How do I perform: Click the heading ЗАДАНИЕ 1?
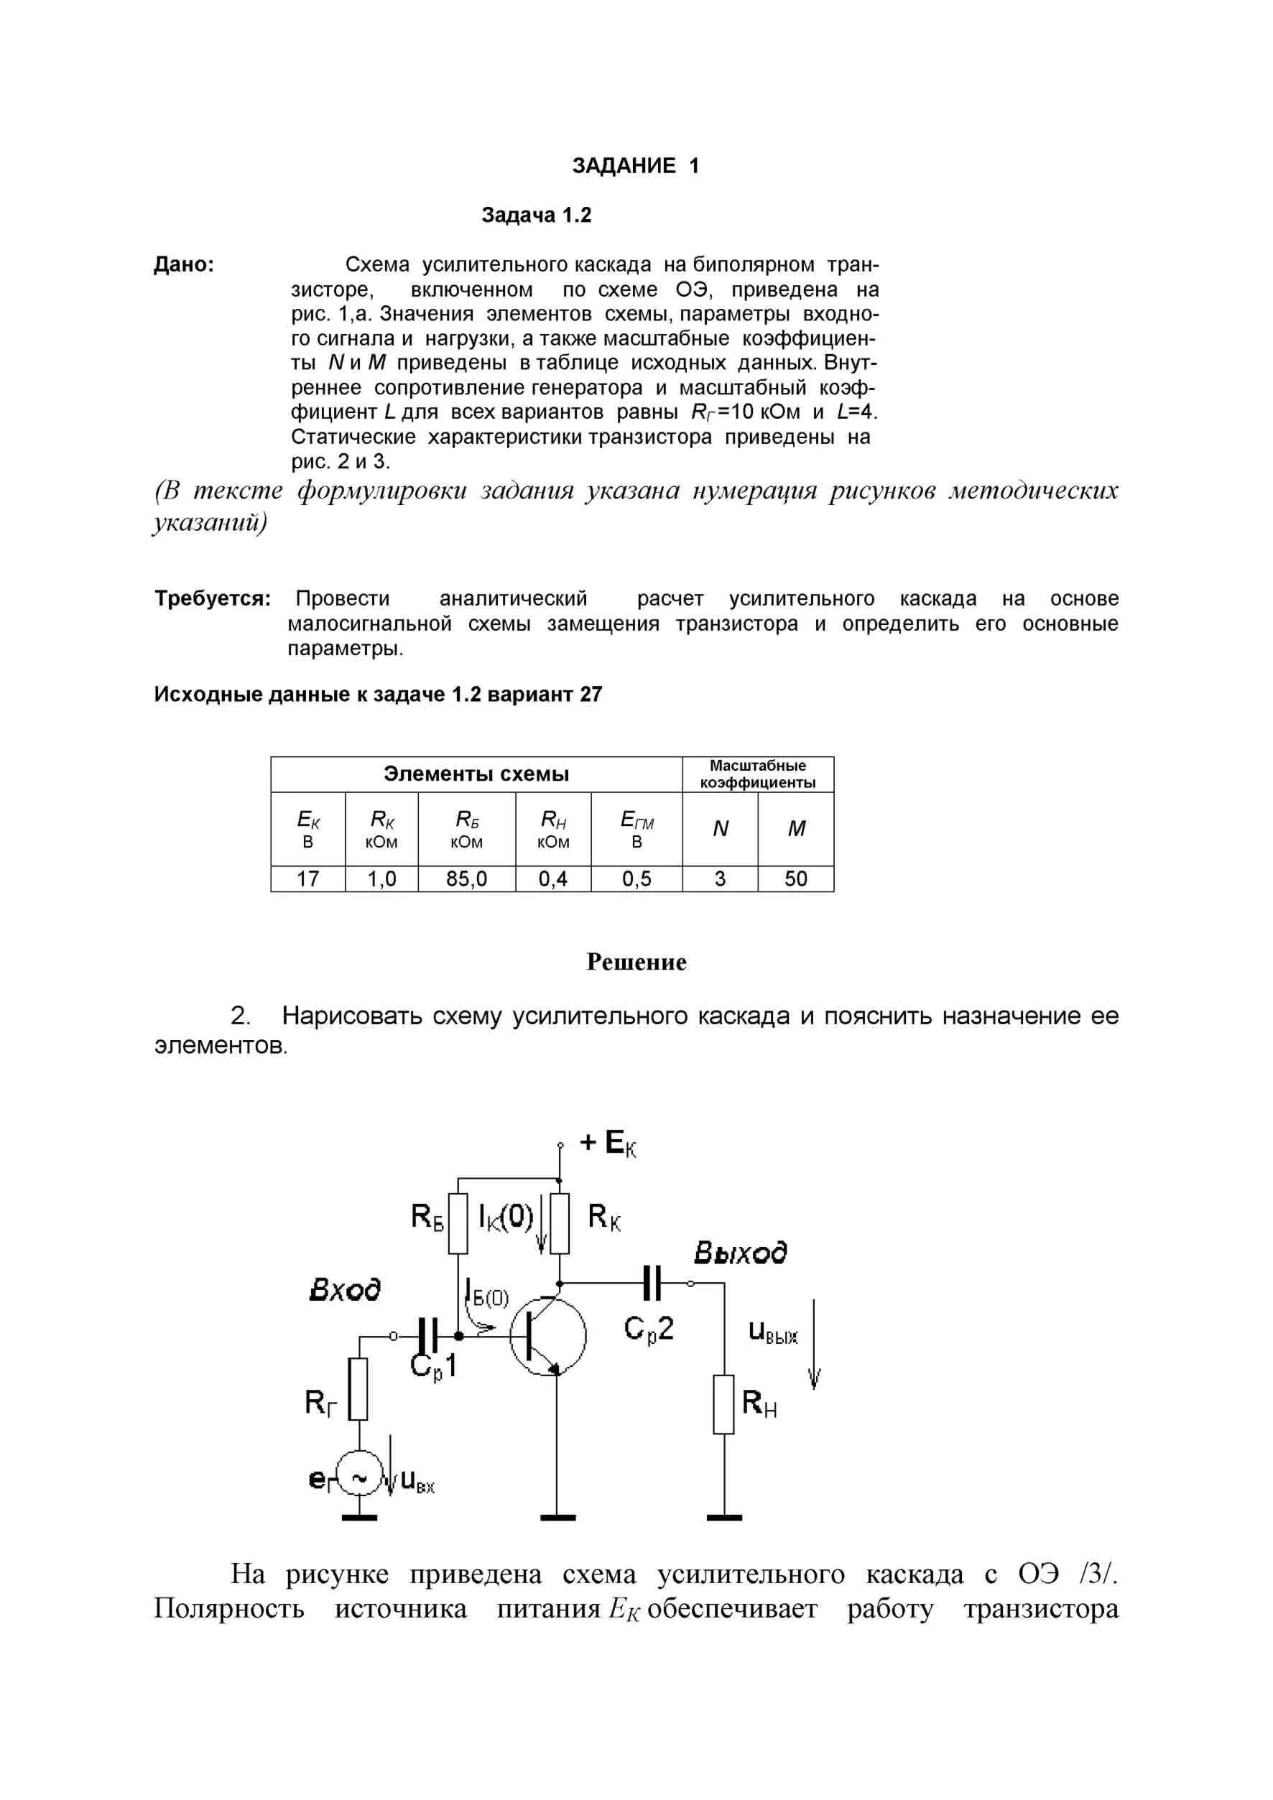[x=635, y=165]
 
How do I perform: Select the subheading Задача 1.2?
[x=536, y=215]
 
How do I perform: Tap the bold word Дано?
[x=184, y=265]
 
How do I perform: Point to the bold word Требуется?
[x=213, y=599]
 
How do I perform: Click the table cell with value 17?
[x=307, y=879]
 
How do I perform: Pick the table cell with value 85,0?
[x=466, y=879]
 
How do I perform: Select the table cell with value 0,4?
[x=552, y=879]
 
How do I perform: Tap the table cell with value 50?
[x=796, y=879]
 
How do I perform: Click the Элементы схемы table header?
[x=476, y=774]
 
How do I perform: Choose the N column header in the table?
[x=720, y=829]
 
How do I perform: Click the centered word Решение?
[x=636, y=962]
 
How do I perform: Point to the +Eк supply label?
[x=608, y=1143]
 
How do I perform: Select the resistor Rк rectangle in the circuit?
[x=559, y=1223]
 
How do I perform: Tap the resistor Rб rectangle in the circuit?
[x=458, y=1223]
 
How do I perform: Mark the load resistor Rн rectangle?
[x=723, y=1404]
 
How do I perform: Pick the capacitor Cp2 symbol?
[x=652, y=1284]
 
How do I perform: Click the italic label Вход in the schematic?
[x=345, y=1289]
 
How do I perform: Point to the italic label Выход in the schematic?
[x=740, y=1252]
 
